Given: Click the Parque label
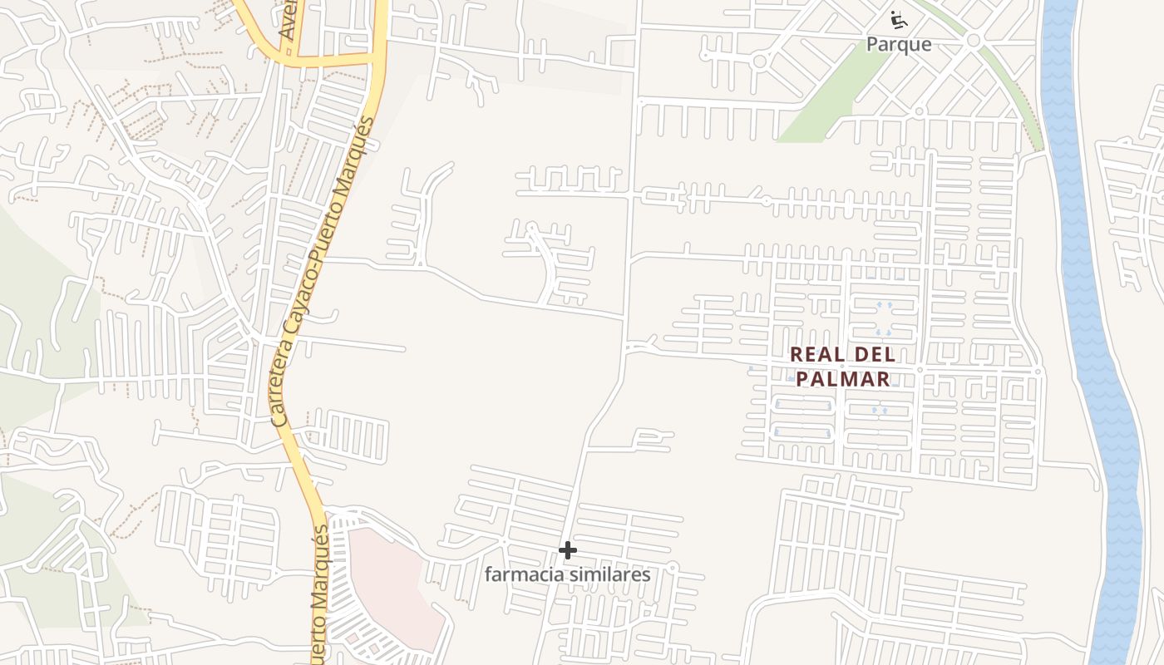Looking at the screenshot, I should pyautogui.click(x=899, y=44).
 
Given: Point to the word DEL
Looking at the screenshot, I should pyautogui.click(x=875, y=354).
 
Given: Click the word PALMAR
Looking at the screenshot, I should pyautogui.click(x=843, y=379).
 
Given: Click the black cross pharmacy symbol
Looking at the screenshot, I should pyautogui.click(x=567, y=550).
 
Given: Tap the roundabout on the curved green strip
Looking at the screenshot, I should pyautogui.click(x=973, y=40).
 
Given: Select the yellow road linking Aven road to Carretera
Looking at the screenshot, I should pyautogui.click(x=333, y=60).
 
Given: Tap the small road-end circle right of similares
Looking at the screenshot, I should pyautogui.click(x=673, y=567).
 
